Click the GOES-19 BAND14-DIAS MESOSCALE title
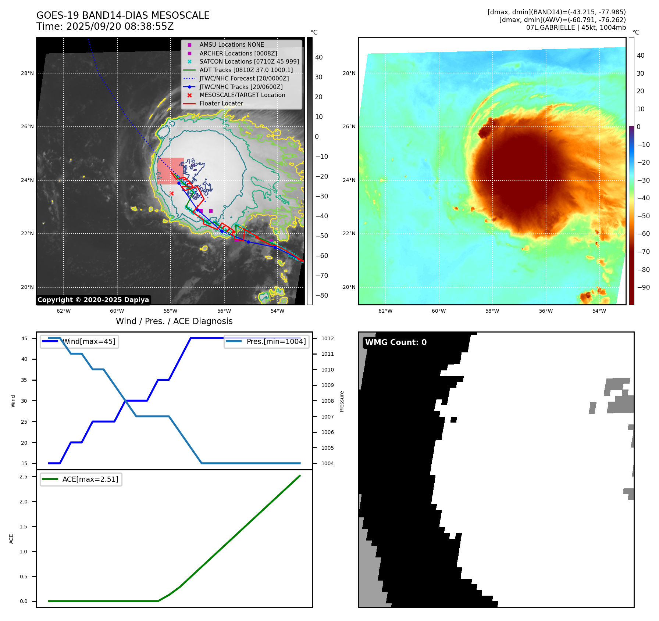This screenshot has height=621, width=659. [123, 15]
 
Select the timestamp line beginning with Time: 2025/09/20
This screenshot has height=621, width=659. [105, 26]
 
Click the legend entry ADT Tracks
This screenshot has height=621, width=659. [246, 70]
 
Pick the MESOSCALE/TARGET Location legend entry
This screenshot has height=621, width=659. [242, 95]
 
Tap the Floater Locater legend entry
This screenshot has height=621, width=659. [221, 103]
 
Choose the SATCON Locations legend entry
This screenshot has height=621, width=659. [249, 61]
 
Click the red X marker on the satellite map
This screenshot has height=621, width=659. [171, 193]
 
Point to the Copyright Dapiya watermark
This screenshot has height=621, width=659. [93, 300]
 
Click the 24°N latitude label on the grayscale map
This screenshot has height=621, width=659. [27, 180]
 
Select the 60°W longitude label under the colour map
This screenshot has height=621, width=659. [439, 311]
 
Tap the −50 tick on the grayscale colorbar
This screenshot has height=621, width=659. [321, 236]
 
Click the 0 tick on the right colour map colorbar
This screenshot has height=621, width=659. [638, 127]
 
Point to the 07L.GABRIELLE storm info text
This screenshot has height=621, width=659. [576, 28]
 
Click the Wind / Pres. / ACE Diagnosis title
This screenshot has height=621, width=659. [174, 321]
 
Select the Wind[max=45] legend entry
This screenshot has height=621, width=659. [88, 341]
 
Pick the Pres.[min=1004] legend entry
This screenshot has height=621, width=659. [276, 341]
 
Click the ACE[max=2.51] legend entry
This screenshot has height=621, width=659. [90, 479]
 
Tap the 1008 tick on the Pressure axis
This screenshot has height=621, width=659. [327, 401]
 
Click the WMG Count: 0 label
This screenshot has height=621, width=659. [396, 342]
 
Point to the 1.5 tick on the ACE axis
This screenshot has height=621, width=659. [24, 527]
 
